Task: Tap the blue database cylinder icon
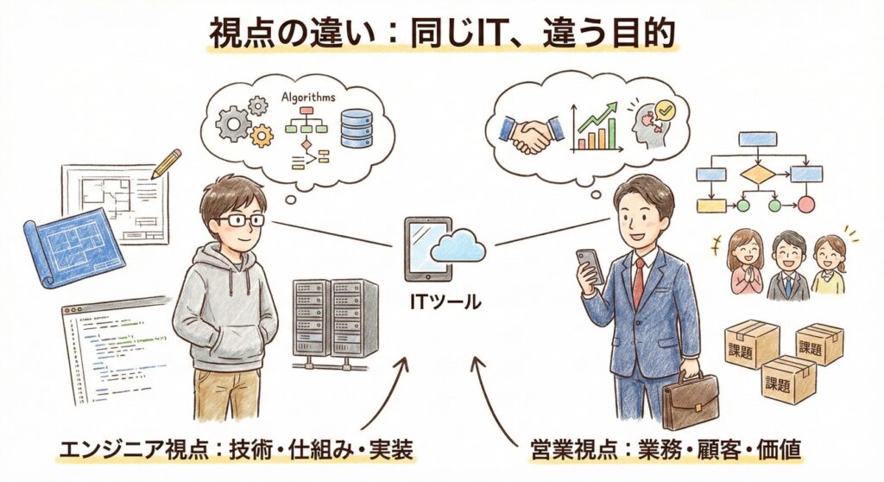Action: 356,127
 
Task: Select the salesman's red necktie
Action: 638,281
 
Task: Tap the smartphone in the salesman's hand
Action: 587,264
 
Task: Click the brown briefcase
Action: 690,403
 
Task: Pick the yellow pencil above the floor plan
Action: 166,164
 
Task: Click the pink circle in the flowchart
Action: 805,205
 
